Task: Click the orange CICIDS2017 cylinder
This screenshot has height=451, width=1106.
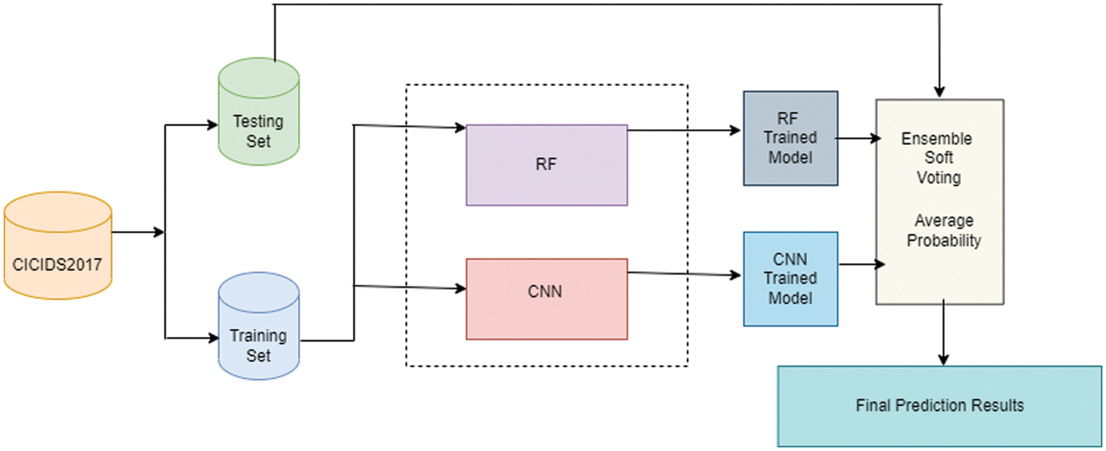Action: pyautogui.click(x=58, y=247)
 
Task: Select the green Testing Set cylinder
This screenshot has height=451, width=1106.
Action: pyautogui.click(x=258, y=114)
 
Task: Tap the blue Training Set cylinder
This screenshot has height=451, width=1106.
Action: pyautogui.click(x=258, y=328)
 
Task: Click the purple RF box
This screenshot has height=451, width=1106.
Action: pyautogui.click(x=547, y=165)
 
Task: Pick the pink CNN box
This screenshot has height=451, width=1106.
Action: pyautogui.click(x=547, y=299)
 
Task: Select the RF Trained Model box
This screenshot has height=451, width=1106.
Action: pyautogui.click(x=791, y=138)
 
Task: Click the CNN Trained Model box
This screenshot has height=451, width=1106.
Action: pyautogui.click(x=791, y=279)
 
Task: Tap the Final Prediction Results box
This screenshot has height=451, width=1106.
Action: pyautogui.click(x=939, y=406)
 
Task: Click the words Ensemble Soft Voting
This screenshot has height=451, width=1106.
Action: pyautogui.click(x=938, y=158)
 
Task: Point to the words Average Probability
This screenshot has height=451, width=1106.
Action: pyautogui.click(x=944, y=230)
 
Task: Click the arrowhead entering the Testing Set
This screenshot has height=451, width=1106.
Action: pyautogui.click(x=212, y=125)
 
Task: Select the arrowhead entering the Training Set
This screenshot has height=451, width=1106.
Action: pyautogui.click(x=213, y=338)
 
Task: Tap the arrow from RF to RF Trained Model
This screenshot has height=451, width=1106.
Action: pyautogui.click(x=685, y=130)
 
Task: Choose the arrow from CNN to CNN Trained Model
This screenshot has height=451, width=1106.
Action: pyautogui.click(x=685, y=274)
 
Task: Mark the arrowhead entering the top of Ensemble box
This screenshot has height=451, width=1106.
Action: pyautogui.click(x=940, y=92)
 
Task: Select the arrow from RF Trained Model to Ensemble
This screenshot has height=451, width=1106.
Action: pyautogui.click(x=858, y=138)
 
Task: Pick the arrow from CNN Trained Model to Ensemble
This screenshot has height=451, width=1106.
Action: pyautogui.click(x=861, y=264)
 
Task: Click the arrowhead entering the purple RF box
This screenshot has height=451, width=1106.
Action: pyautogui.click(x=460, y=128)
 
